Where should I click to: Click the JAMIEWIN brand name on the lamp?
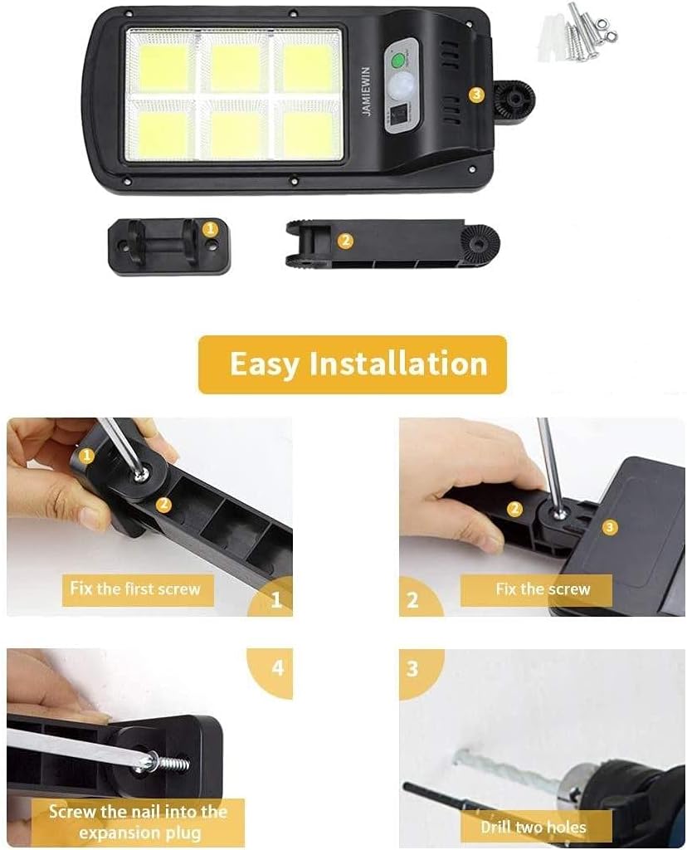(366, 91)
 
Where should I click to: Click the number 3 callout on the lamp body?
(476, 95)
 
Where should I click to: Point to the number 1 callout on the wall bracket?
(210, 229)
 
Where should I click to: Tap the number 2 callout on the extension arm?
(345, 240)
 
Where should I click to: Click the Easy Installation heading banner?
(352, 364)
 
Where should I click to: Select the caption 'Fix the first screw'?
(135, 589)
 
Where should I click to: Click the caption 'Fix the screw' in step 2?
(543, 589)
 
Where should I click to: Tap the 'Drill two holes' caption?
(534, 828)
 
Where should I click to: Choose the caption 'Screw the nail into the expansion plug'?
(139, 822)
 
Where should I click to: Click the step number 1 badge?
(276, 599)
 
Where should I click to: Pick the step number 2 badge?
(413, 599)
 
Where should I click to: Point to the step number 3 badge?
(413, 668)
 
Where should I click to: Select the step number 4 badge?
(277, 668)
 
